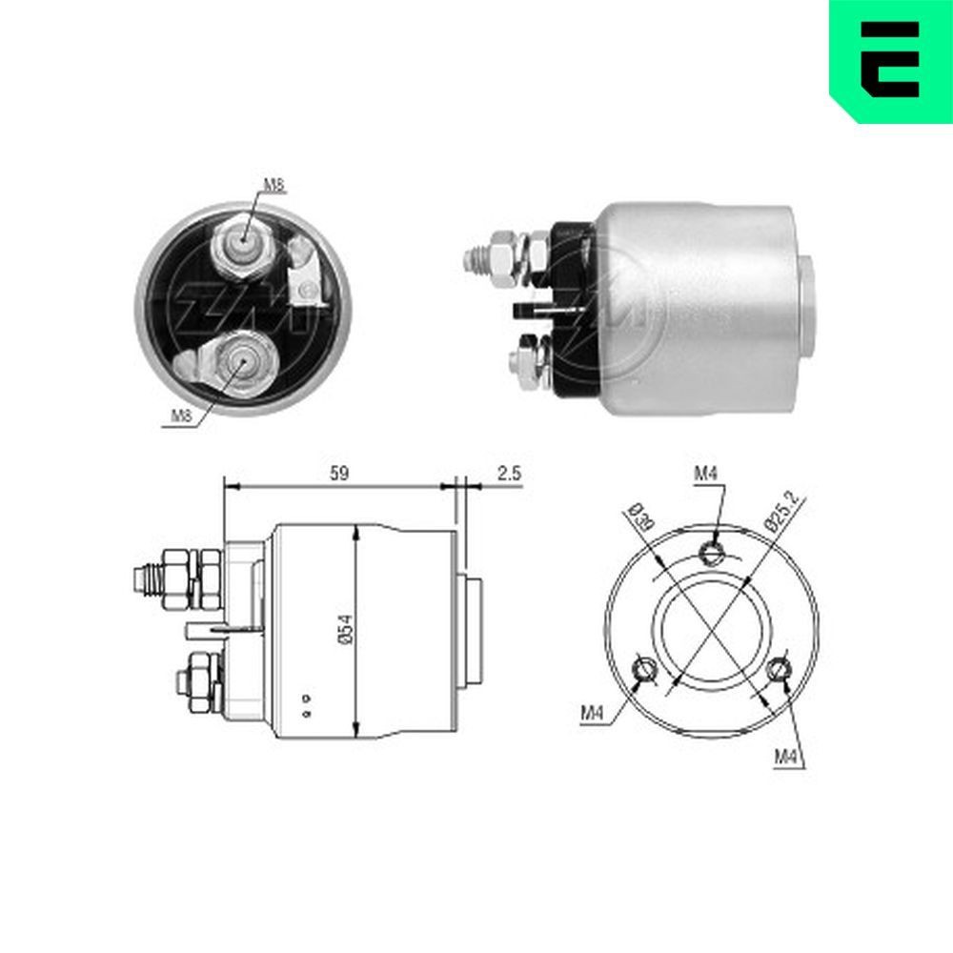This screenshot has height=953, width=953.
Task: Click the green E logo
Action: pos(891,59)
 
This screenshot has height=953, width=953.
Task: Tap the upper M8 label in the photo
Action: pos(274,186)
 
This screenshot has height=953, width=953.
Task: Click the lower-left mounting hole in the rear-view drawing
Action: pos(645,669)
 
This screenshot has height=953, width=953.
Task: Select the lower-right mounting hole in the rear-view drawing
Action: pos(781,666)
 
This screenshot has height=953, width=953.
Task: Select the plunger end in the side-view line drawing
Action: pos(474,631)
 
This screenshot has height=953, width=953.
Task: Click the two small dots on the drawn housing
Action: pos(305,704)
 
